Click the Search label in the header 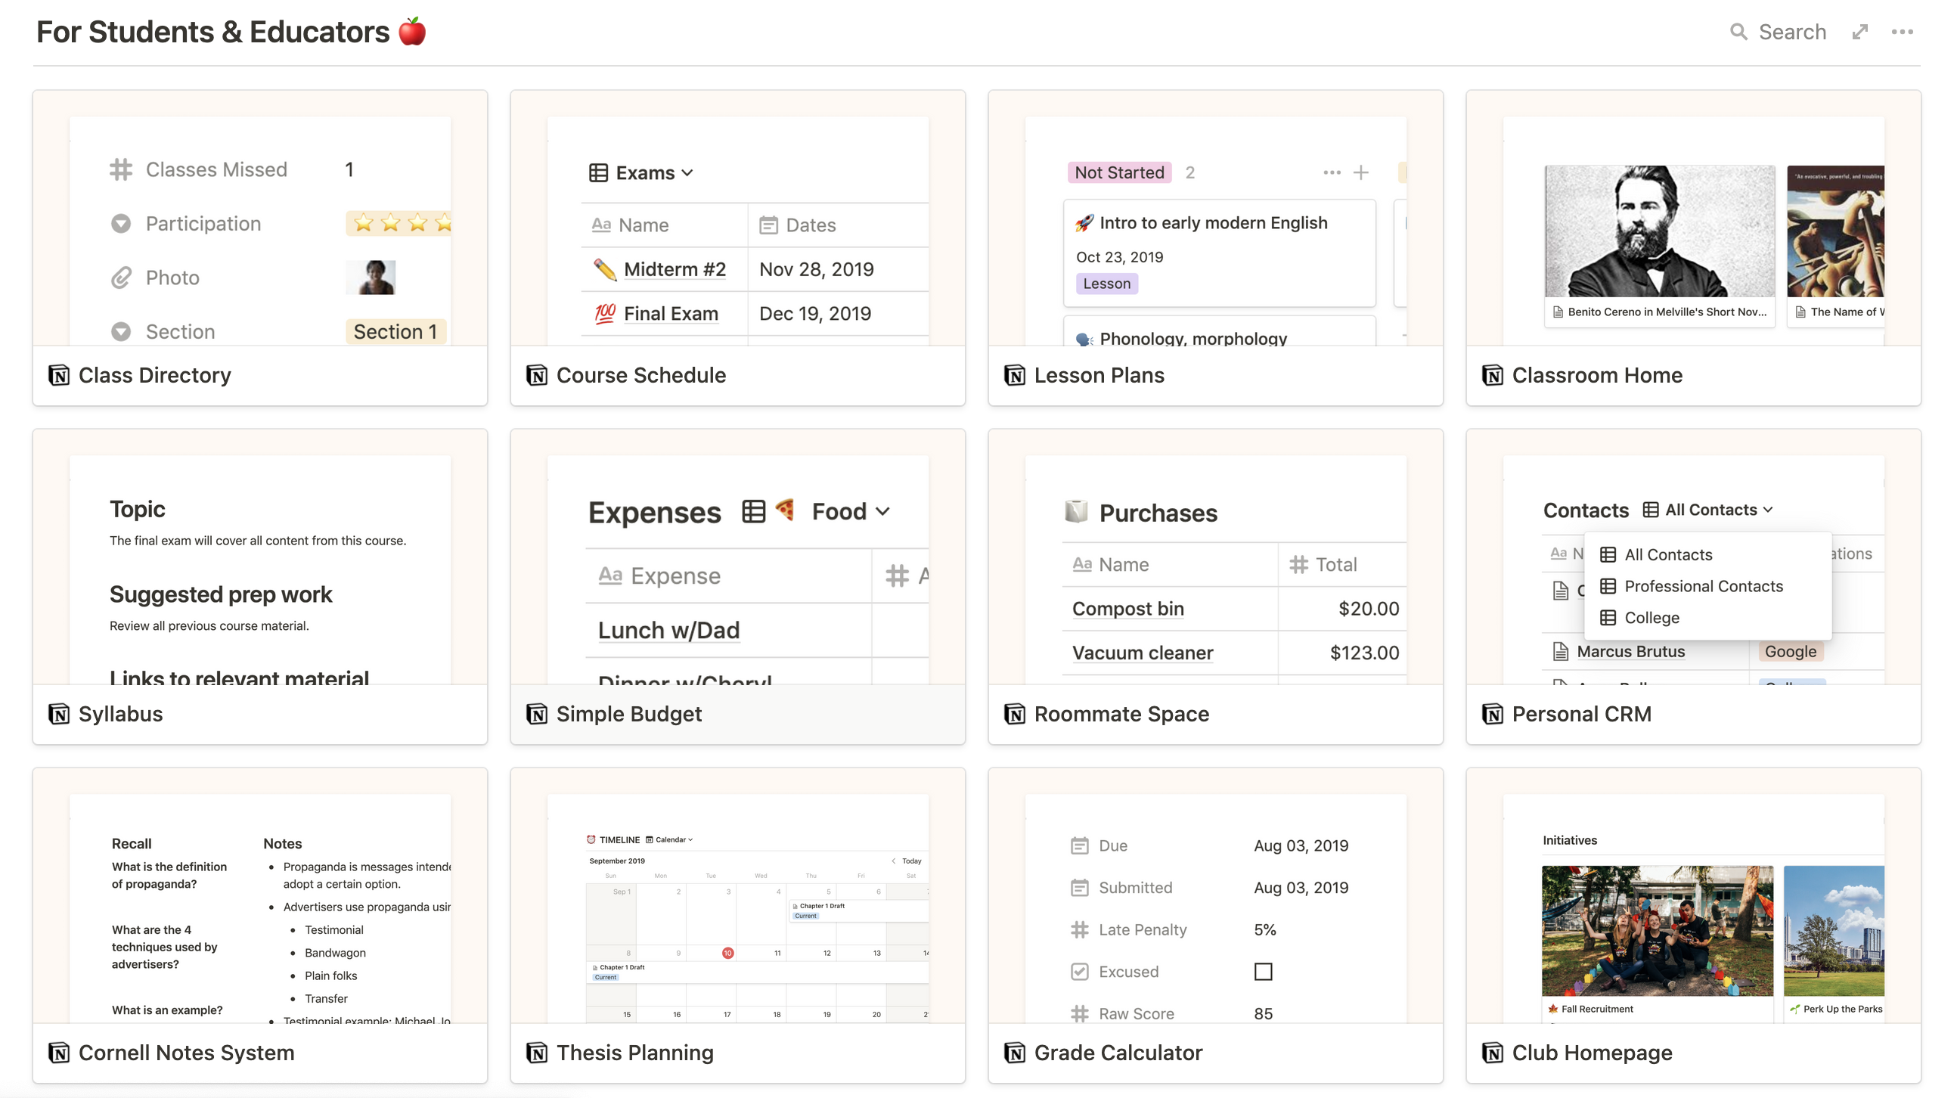pyautogui.click(x=1791, y=32)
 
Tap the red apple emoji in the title pyautogui.click(x=413, y=32)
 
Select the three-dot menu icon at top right pyautogui.click(x=1902, y=32)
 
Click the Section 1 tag pyautogui.click(x=395, y=331)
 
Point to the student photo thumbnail pyautogui.click(x=371, y=278)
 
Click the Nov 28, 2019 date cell pyautogui.click(x=816, y=269)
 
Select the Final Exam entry pyautogui.click(x=670, y=313)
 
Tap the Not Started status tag pyautogui.click(x=1118, y=172)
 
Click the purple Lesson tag pyautogui.click(x=1106, y=284)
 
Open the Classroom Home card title pyautogui.click(x=1596, y=375)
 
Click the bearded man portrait pyautogui.click(x=1659, y=231)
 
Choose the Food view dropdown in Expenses pyautogui.click(x=849, y=511)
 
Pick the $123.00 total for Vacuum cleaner pyautogui.click(x=1363, y=653)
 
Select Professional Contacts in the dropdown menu pyautogui.click(x=1702, y=586)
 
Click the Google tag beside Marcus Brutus pyautogui.click(x=1790, y=651)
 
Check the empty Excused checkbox pyautogui.click(x=1263, y=971)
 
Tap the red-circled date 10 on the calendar pyautogui.click(x=727, y=952)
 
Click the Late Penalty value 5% pyautogui.click(x=1264, y=929)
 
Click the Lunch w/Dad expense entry pyautogui.click(x=668, y=630)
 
